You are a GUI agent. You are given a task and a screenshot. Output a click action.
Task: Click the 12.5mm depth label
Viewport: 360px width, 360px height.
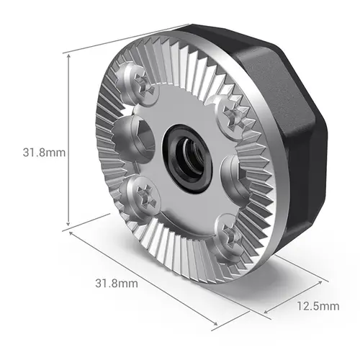[318, 306]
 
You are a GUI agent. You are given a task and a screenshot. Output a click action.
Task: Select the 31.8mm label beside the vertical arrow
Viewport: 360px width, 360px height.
[44, 153]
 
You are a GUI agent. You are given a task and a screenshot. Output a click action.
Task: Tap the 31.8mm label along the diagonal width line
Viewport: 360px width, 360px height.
[117, 283]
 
